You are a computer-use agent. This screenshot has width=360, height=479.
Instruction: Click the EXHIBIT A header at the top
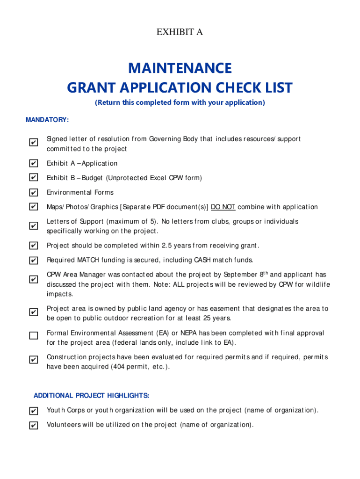(180, 32)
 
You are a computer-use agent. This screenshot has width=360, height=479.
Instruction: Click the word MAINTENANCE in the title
(180, 68)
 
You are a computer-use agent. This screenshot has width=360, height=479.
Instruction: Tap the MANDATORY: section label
(47, 120)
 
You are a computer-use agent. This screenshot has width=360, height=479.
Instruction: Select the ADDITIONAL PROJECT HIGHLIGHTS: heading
(91, 396)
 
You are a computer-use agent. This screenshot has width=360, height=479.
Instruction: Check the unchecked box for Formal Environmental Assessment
(33, 335)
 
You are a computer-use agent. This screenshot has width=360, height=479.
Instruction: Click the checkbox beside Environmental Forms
(33, 192)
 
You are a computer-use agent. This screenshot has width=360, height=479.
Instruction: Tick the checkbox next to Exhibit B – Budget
(33, 178)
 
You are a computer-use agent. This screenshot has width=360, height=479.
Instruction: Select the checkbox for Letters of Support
(33, 226)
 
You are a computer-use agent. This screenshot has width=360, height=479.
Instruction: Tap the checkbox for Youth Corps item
(33, 411)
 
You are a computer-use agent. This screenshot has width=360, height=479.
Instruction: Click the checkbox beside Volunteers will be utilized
(33, 425)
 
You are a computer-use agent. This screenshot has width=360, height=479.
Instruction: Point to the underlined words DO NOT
(223, 207)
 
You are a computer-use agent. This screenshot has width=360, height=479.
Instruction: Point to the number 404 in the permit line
(117, 367)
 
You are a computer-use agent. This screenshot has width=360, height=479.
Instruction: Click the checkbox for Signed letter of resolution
(33, 142)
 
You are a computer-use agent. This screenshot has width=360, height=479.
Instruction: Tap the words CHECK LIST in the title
(254, 87)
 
